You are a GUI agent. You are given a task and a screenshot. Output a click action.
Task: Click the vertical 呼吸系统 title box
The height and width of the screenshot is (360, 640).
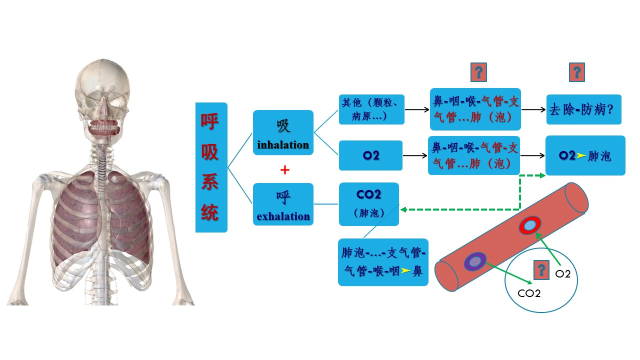point(211,167)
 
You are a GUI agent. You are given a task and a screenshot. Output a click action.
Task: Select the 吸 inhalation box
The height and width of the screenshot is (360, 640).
point(283,132)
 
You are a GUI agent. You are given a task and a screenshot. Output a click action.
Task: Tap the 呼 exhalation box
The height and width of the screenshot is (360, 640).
point(283,204)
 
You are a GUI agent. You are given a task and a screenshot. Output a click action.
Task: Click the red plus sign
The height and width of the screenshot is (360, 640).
point(285,170)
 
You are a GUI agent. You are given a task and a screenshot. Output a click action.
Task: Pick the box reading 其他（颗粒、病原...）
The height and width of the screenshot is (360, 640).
point(371,109)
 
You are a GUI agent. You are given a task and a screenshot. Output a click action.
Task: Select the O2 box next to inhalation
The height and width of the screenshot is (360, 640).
point(370,155)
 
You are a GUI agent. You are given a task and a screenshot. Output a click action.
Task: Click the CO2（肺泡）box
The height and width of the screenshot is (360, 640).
point(369,203)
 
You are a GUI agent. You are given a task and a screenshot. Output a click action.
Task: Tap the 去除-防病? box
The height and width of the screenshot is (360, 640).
point(583,109)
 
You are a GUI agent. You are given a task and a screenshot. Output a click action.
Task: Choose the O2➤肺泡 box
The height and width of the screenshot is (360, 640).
point(585,155)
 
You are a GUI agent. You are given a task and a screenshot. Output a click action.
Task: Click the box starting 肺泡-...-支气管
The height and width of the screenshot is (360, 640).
point(383,262)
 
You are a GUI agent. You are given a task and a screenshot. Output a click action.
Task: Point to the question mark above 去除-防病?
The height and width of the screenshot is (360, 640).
point(577,72)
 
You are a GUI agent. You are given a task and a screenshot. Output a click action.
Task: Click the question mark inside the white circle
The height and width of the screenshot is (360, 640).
point(540,270)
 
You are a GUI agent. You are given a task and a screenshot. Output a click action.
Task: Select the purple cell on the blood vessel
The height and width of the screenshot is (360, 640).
point(474,261)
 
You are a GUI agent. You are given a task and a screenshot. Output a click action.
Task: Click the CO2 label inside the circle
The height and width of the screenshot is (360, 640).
point(529,293)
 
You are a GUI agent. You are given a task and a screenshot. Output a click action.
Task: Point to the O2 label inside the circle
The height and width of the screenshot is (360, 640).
point(563,273)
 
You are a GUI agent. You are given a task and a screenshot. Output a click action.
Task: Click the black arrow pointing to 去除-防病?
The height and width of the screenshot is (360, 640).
point(533,109)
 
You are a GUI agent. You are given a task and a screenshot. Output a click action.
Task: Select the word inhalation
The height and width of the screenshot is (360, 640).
point(283,145)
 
